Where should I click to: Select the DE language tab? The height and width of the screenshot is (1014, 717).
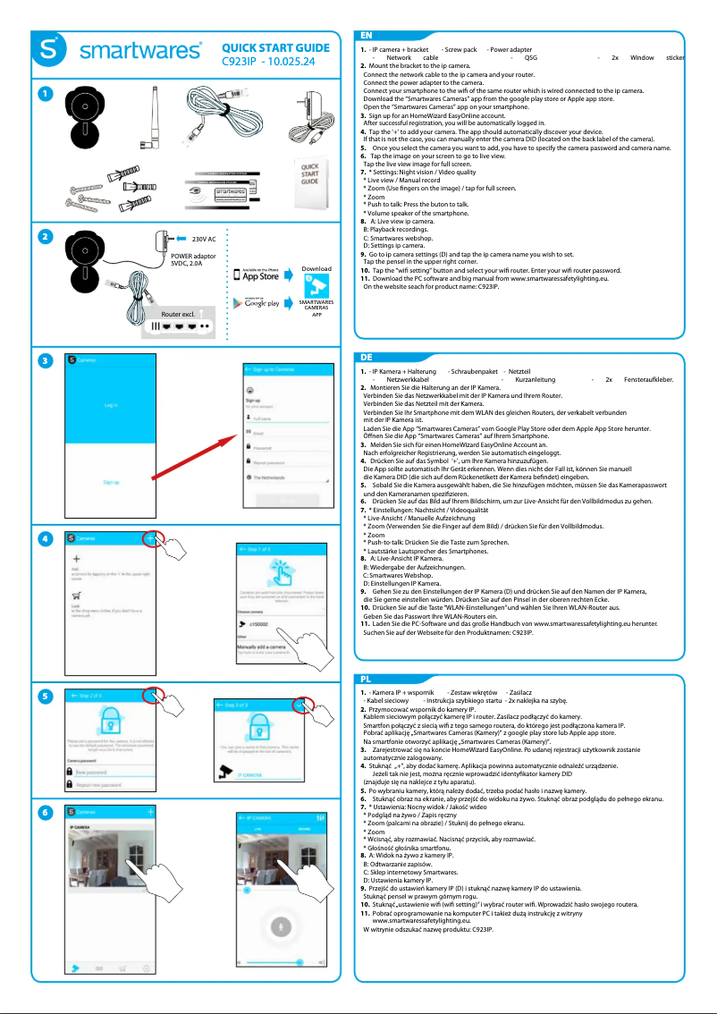click(367, 356)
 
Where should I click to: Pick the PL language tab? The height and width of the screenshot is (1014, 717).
click(367, 680)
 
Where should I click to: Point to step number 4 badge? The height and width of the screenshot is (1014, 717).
click(43, 539)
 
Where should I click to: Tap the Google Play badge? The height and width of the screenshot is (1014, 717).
click(257, 302)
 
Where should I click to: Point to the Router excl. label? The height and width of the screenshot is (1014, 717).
click(178, 316)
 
